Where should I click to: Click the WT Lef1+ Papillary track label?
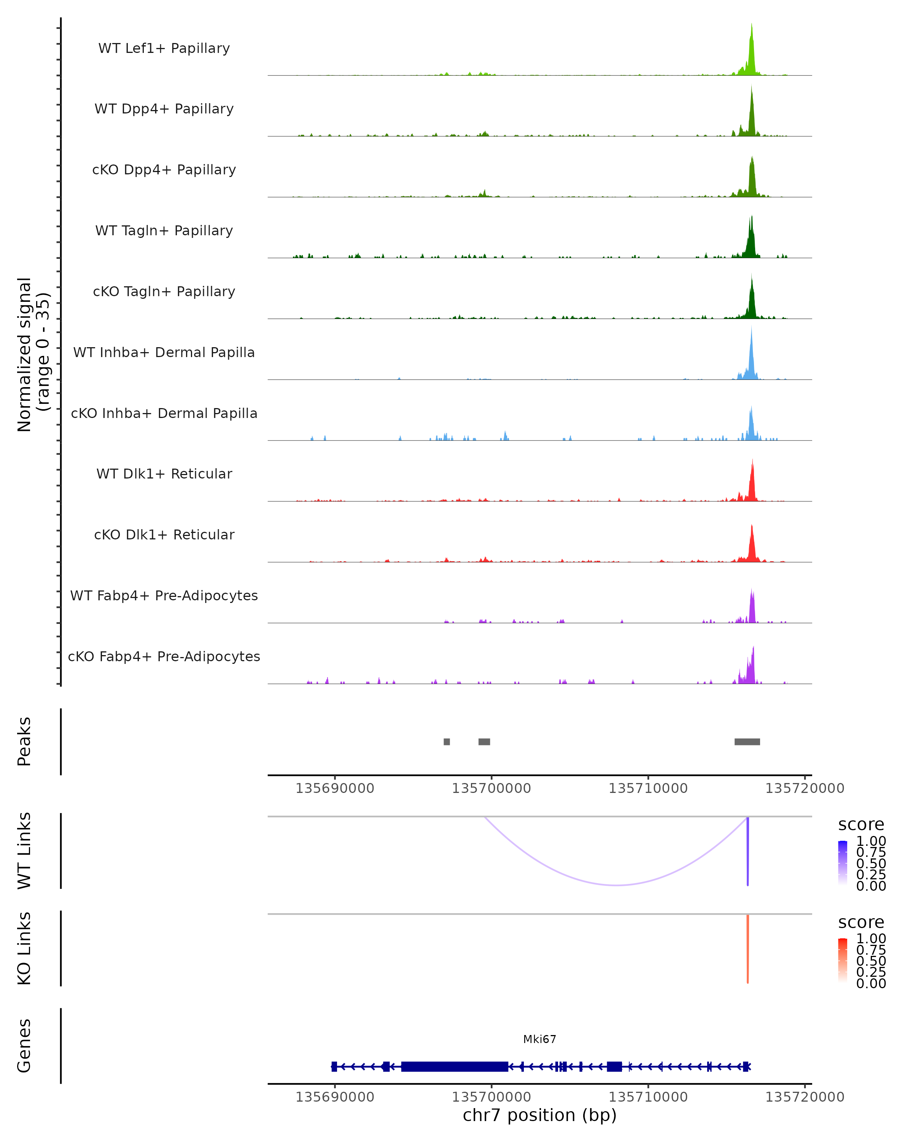(x=164, y=48)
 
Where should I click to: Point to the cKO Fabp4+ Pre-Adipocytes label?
(x=164, y=656)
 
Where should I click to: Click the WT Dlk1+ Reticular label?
(x=164, y=474)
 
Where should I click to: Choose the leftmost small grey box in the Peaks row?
(x=447, y=742)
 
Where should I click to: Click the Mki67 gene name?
(x=539, y=1039)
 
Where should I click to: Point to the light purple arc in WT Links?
(x=617, y=885)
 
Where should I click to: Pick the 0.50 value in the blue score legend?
(x=871, y=863)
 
